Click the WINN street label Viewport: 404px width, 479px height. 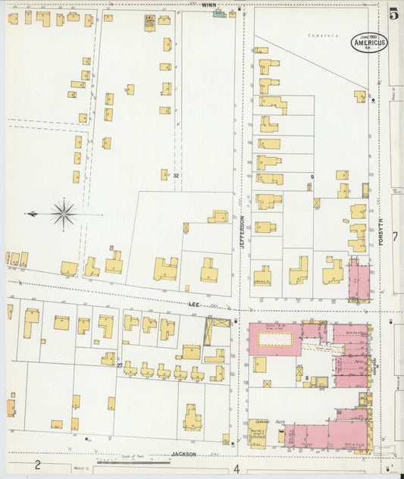point(208,5)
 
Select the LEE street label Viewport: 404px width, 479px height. point(194,303)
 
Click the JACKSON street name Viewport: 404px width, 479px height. point(183,454)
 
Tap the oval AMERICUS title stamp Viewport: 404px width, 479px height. point(368,42)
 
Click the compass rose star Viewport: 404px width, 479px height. point(64,214)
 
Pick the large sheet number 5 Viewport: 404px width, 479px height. point(393,13)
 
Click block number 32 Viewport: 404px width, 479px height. point(176,176)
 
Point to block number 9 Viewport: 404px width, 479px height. point(311,177)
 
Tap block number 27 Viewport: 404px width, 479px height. point(120,365)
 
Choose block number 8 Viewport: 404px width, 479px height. point(306,377)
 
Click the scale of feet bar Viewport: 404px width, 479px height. point(133,462)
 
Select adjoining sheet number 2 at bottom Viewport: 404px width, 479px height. point(36,465)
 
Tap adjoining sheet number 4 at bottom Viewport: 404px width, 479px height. point(236,468)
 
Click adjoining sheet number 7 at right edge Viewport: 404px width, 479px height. point(394,236)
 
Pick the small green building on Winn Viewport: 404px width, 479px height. point(219,14)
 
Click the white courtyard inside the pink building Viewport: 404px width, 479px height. point(275,340)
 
